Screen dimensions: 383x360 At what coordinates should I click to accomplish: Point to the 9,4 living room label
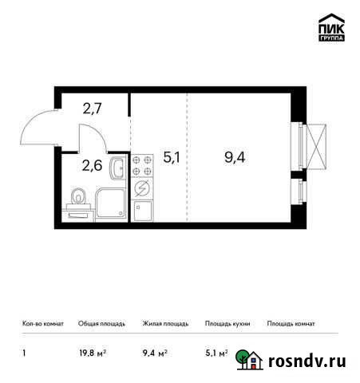235,157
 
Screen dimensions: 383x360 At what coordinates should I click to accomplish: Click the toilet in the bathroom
78,197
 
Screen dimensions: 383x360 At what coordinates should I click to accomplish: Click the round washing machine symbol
143,189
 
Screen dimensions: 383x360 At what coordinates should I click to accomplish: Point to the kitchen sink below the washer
143,211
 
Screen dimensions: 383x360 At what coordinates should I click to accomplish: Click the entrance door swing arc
37,128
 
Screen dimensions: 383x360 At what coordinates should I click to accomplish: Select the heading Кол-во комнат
39,323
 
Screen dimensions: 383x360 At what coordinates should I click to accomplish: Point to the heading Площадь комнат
291,323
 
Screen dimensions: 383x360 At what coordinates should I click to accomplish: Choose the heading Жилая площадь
165,323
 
